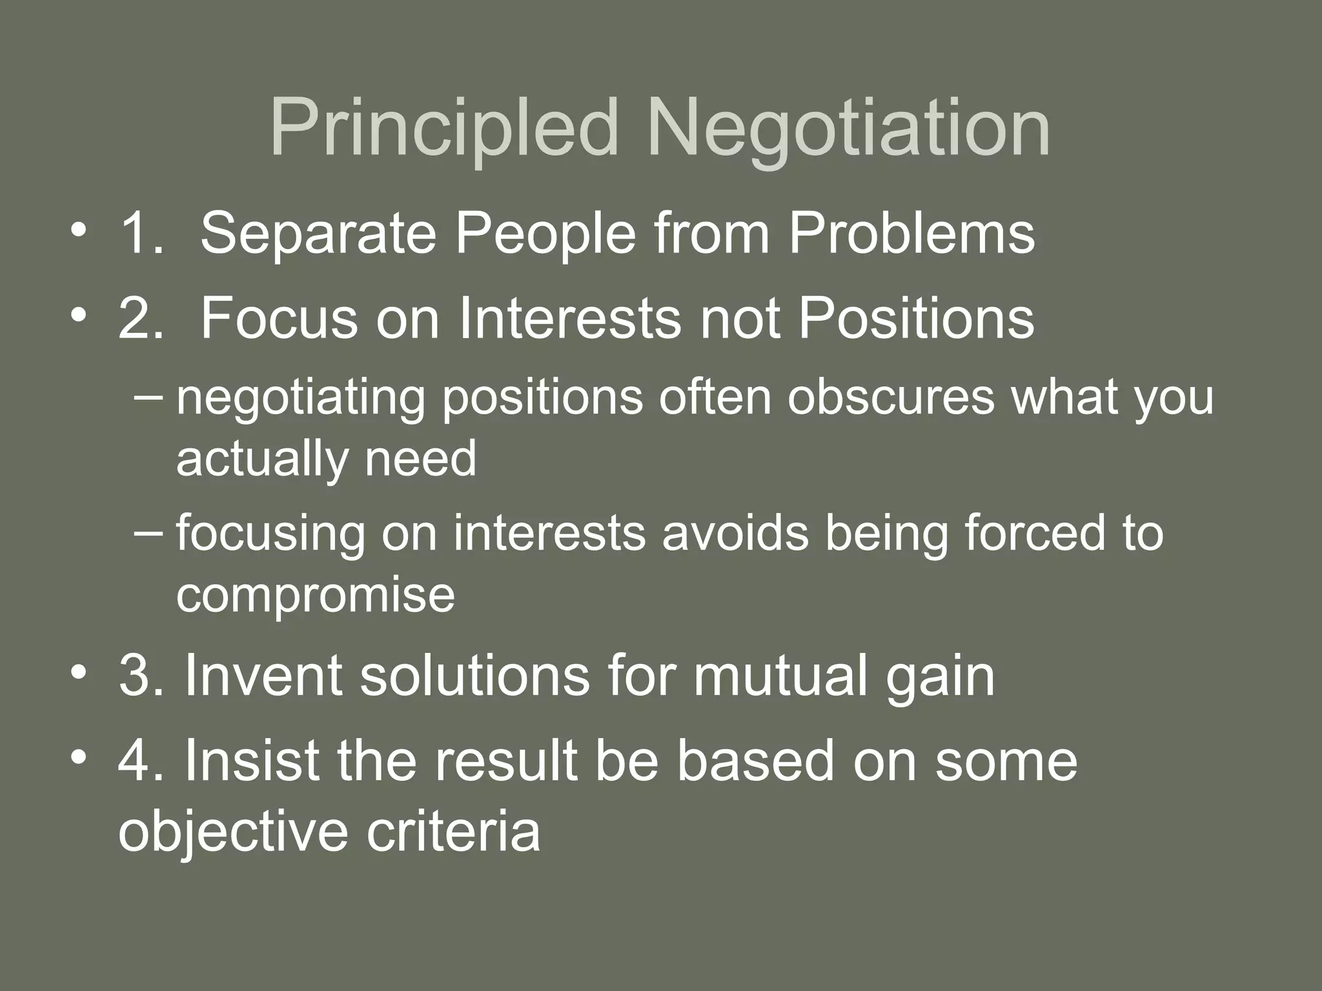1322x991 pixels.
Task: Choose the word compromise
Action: coord(315,595)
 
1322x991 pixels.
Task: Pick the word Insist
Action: coord(252,761)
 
